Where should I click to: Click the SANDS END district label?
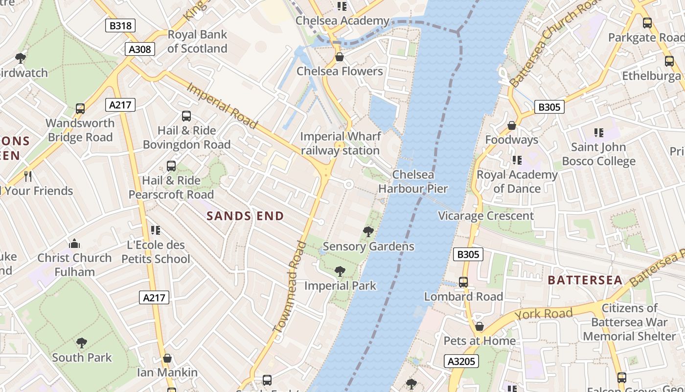coord(245,216)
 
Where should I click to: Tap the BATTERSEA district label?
coord(585,280)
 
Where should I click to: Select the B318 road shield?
coord(120,25)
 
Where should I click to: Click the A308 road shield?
coord(140,49)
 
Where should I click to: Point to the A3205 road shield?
coord(461,362)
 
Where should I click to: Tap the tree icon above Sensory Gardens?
coord(368,232)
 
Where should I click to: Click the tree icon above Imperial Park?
coord(340,271)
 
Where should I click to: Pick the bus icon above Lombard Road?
coord(463,282)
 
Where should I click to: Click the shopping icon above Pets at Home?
coord(479,326)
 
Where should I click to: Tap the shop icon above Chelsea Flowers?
coord(340,57)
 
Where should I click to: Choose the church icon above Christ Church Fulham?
coord(74,244)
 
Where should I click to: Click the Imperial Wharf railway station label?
coord(340,143)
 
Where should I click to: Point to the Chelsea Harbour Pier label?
coord(413,181)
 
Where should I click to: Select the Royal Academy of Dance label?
coord(517,181)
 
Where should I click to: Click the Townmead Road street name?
coord(292,286)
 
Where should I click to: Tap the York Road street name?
coord(543,314)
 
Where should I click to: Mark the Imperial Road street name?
coord(222,106)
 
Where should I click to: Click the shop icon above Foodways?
coord(512,126)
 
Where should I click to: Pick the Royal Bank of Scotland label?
coord(197,42)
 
